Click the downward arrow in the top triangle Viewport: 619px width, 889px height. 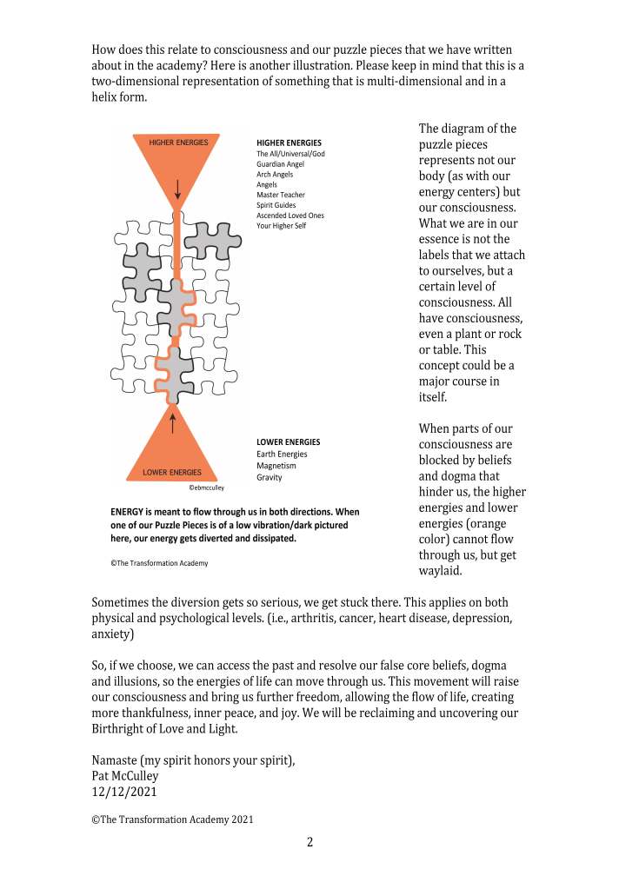178,188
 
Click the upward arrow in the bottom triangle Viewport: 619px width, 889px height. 174,423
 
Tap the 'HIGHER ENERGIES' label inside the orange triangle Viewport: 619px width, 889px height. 178,143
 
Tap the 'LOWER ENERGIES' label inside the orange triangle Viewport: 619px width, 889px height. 171,473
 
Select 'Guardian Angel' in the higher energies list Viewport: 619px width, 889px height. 281,163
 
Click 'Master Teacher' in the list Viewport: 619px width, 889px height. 281,195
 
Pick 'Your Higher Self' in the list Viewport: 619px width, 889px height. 282,226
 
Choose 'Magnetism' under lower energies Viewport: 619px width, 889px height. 277,466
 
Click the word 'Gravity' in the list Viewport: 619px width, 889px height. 270,478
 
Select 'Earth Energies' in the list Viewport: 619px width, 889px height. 282,454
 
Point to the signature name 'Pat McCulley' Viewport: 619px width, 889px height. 125,775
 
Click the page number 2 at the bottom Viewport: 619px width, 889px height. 309,842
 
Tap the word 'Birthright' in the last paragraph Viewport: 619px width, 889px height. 122,728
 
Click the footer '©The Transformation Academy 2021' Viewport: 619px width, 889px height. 173,819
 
